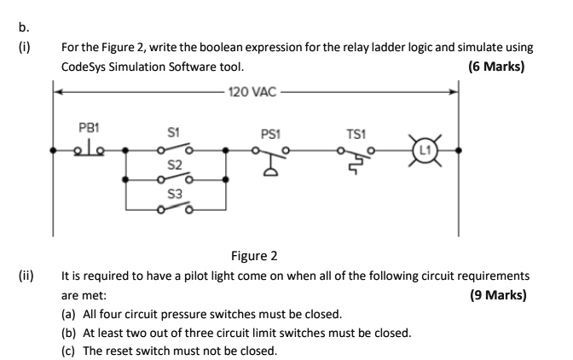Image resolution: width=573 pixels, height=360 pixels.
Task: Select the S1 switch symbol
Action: click(x=175, y=150)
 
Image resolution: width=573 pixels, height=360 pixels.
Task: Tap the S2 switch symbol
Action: click(x=175, y=177)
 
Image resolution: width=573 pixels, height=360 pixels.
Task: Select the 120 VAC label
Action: click(x=255, y=90)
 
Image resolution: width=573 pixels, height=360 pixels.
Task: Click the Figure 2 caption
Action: click(x=255, y=256)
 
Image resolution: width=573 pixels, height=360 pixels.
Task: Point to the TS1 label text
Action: click(x=356, y=133)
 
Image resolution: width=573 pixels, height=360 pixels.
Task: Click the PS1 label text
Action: click(x=271, y=133)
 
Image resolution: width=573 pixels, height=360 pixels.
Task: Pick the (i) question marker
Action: click(x=23, y=47)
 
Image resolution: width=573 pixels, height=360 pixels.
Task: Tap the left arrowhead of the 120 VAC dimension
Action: click(x=58, y=90)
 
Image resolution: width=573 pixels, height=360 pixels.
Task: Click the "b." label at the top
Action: click(x=23, y=26)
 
